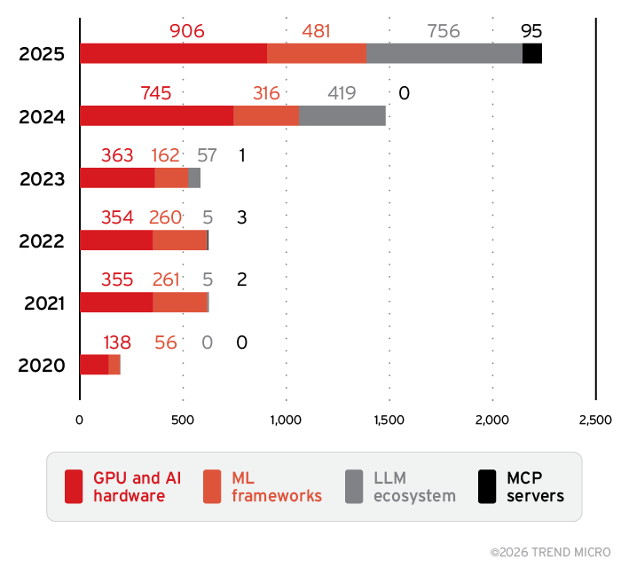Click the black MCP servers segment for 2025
(x=532, y=53)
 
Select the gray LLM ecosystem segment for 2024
(x=342, y=115)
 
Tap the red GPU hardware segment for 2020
(x=94, y=365)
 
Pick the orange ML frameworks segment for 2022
(x=180, y=240)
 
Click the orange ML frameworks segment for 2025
(x=317, y=53)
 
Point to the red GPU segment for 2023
(x=117, y=177)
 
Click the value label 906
(x=186, y=31)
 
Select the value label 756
(x=444, y=31)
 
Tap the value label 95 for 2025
(x=531, y=31)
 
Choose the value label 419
(x=342, y=93)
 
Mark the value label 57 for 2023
(x=207, y=156)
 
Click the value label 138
(x=118, y=343)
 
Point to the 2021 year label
(x=43, y=303)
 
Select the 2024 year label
(x=43, y=116)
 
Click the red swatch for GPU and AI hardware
(x=75, y=487)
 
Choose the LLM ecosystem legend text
(x=414, y=487)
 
